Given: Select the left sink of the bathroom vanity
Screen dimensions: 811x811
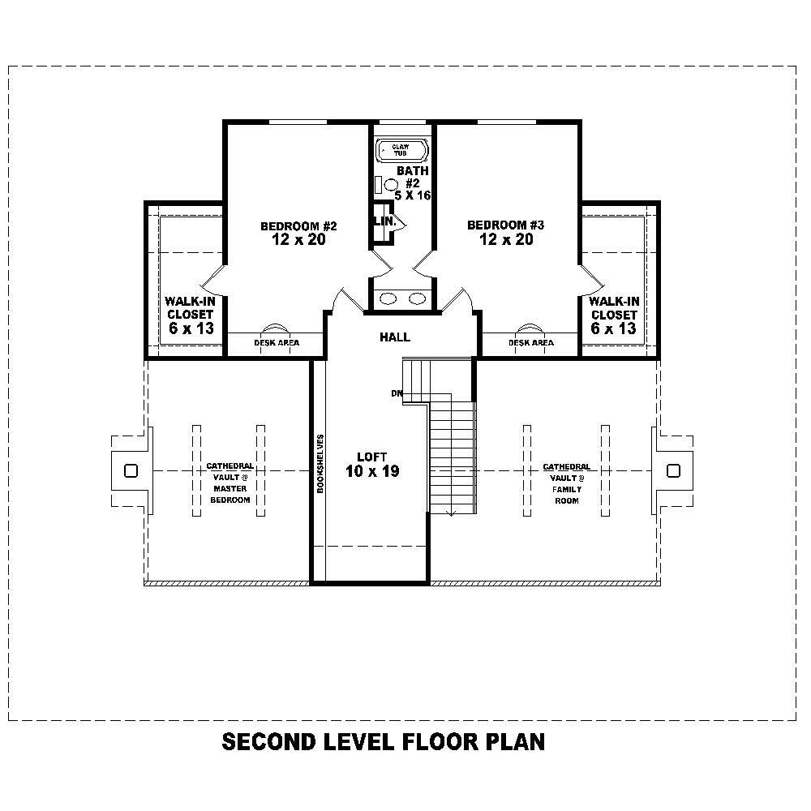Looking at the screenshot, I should (x=388, y=298).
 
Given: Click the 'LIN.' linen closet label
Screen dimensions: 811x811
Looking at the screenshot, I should (x=383, y=221).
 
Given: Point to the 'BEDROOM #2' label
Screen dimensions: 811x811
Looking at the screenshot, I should (x=293, y=225).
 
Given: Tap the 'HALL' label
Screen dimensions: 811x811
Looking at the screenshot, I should (x=395, y=337).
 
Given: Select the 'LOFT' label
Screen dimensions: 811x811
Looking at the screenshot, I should (x=372, y=457).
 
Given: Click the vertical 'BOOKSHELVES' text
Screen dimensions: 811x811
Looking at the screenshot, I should (x=321, y=465).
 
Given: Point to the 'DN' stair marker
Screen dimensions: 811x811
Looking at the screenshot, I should (x=397, y=393).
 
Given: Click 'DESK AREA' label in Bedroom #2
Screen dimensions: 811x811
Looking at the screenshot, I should (x=277, y=343).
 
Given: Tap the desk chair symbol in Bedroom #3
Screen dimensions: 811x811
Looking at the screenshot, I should (x=530, y=328).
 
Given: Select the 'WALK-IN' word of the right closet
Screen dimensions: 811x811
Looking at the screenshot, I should (x=613, y=301).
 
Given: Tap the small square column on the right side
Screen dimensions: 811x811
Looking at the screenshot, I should (x=672, y=470).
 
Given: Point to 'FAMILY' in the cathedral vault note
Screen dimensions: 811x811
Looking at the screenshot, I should (x=566, y=489).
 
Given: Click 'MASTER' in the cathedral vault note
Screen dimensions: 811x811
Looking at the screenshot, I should (x=230, y=489).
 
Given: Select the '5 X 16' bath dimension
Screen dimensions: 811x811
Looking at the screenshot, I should (x=412, y=195).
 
